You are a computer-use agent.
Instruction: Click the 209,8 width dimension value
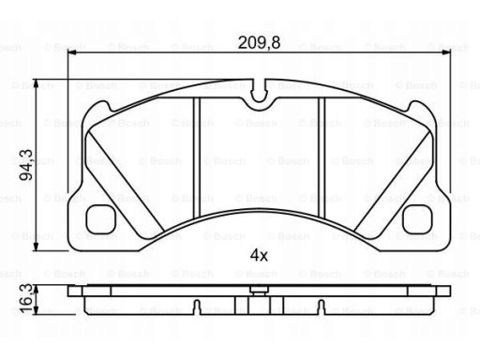(x=259, y=42)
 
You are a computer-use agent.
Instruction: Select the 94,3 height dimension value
(x=26, y=165)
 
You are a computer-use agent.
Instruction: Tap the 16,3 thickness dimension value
(x=26, y=298)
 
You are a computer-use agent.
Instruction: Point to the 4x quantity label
(x=259, y=256)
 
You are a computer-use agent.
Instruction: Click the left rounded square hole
(x=101, y=219)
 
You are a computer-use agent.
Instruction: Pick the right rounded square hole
(x=418, y=219)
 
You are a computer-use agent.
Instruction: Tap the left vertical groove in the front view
(x=196, y=157)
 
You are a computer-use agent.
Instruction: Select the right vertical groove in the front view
(x=322, y=157)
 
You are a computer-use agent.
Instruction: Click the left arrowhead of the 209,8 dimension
(x=72, y=53)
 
